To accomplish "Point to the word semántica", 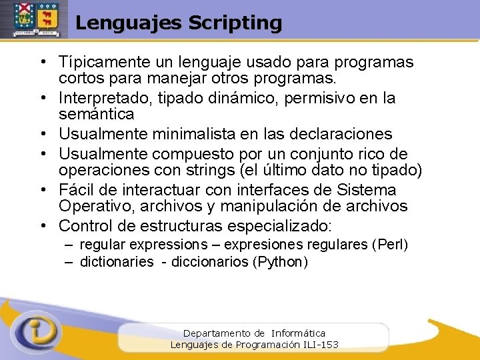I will (97, 114).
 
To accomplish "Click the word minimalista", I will (200, 135).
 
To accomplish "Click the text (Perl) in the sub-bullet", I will (392, 245).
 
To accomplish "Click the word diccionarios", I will (210, 262).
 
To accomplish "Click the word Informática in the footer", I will (298, 333).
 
